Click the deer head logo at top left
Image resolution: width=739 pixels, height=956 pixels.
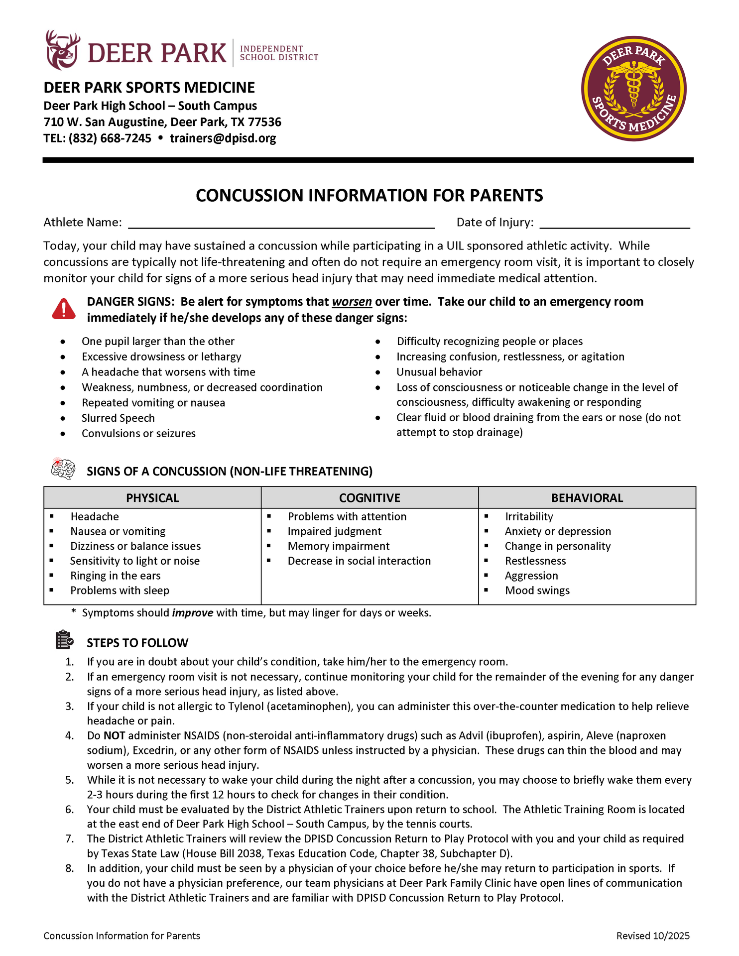pos(62,50)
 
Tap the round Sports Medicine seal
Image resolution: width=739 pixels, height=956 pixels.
pos(633,89)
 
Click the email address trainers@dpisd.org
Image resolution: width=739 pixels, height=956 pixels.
pos(223,138)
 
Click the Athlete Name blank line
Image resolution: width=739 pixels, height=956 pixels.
pos(281,223)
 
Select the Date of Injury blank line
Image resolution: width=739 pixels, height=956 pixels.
pos(615,223)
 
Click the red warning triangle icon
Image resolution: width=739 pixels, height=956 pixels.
pos(64,309)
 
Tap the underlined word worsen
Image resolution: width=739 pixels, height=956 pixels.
pos(352,302)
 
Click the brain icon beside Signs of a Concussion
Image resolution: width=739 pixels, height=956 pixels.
pos(63,469)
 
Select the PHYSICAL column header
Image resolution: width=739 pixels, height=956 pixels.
pos(152,498)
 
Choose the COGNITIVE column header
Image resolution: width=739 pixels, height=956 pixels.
pos(369,498)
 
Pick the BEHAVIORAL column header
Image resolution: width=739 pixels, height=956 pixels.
pos(587,498)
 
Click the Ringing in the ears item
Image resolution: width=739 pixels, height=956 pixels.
pos(116,576)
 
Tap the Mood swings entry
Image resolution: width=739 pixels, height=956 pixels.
pos(537,591)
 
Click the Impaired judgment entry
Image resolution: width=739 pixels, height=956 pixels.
pos(334,532)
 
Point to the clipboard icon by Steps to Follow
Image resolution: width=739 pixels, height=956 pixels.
pos(64,640)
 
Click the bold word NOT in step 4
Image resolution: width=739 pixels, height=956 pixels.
pos(114,736)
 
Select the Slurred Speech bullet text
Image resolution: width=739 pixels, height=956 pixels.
pos(118,418)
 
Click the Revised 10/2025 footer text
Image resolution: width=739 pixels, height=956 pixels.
pos(653,936)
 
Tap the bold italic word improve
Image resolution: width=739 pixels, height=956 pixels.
pos(192,613)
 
